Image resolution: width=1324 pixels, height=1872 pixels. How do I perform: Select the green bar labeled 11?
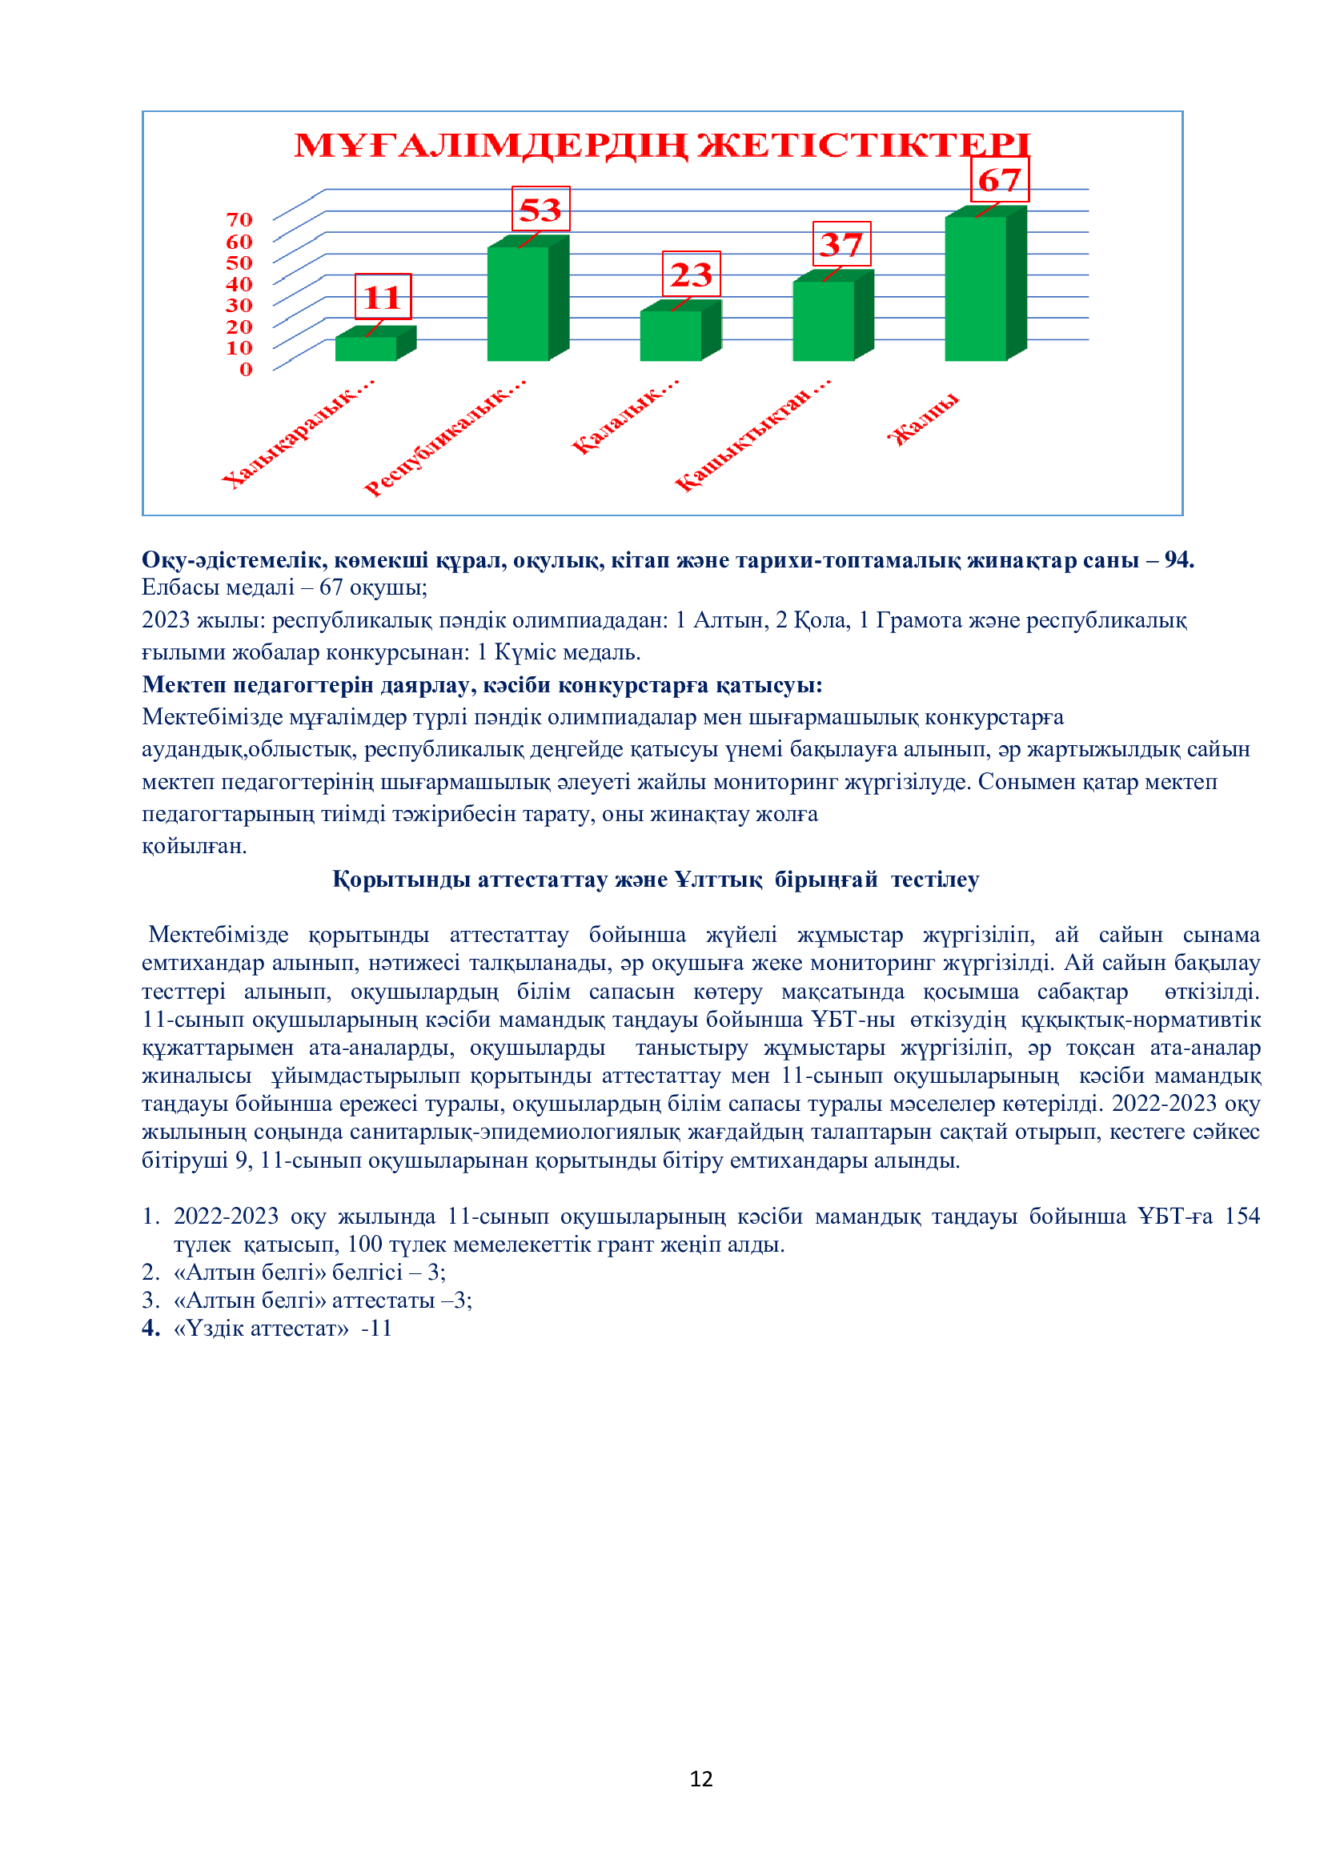(366, 348)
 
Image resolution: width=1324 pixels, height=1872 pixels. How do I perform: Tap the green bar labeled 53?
(519, 303)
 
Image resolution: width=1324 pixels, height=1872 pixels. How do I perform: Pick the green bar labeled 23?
(671, 335)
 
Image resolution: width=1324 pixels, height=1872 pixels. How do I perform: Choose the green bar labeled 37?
(824, 320)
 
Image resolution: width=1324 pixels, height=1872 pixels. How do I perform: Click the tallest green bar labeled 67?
(976, 288)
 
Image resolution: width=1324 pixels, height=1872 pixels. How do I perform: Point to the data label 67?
(1000, 180)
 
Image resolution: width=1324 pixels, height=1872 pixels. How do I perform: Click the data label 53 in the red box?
(540, 210)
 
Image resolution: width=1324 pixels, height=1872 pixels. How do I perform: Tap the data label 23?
(692, 274)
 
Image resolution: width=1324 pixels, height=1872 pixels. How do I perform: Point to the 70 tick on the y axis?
(239, 219)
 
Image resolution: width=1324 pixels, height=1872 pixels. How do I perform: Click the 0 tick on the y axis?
(246, 369)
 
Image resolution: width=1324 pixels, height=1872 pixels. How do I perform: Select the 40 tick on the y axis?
(239, 284)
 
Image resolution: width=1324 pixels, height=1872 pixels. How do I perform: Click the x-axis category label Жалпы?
(924, 419)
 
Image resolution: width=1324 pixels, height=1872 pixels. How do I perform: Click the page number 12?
(701, 1778)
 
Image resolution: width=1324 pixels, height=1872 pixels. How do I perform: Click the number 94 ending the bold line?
(1178, 559)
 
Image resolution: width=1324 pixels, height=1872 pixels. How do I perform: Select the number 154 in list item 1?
(1242, 1216)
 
